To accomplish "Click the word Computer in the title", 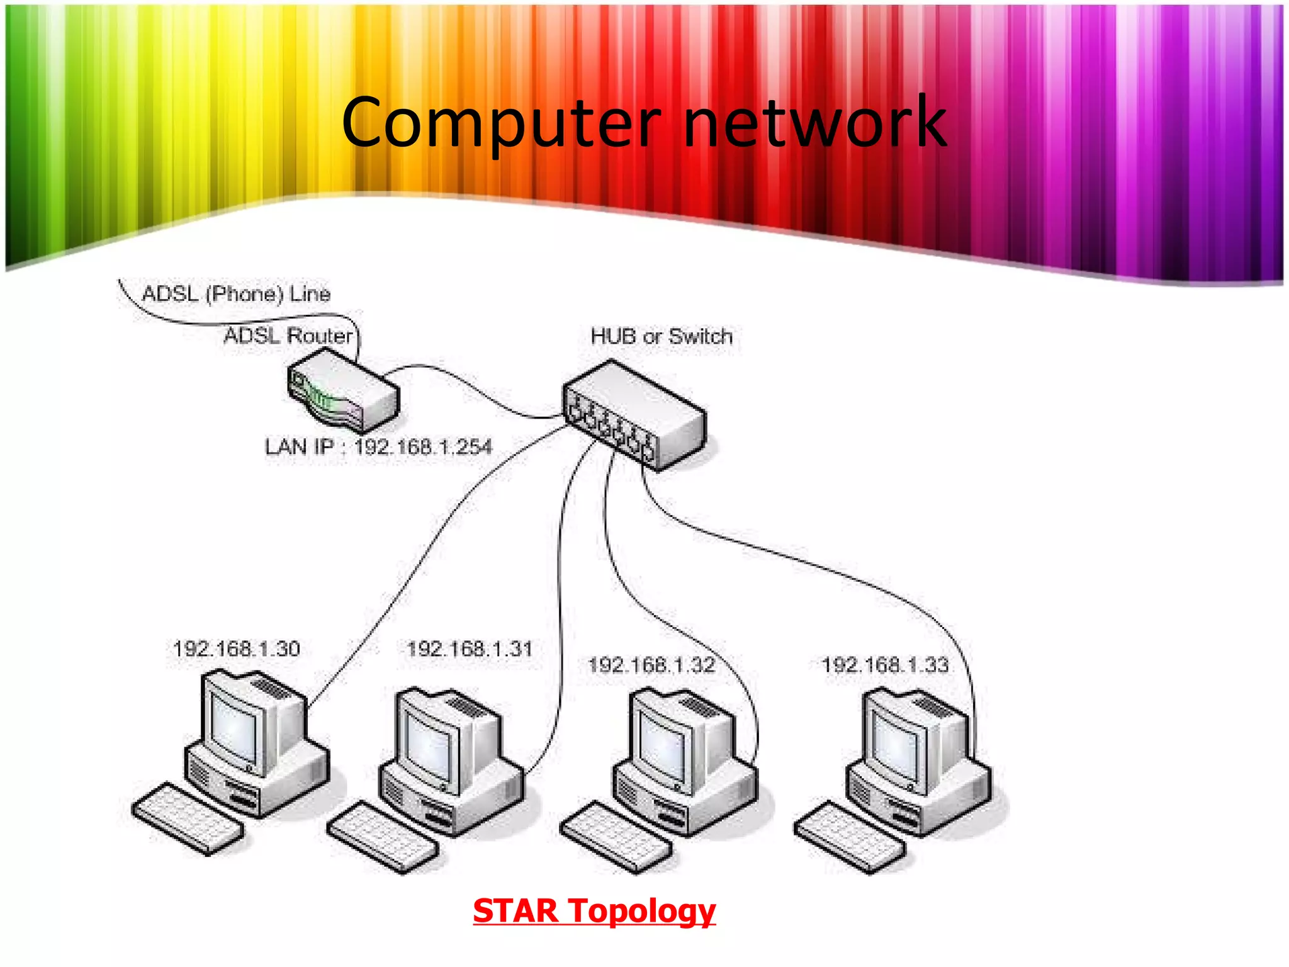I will pos(500,123).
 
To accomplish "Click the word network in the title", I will pos(814,123).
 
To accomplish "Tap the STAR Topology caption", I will pos(594,910).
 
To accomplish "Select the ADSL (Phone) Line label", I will pos(236,293).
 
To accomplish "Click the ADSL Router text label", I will pos(288,336).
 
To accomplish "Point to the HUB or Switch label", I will pos(661,336).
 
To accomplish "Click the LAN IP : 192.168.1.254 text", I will pos(378,447).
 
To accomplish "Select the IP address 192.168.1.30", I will pos(237,648).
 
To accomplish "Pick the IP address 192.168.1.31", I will pos(470,648).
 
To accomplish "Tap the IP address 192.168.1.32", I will pos(651,665).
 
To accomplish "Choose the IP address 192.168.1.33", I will pos(885,665).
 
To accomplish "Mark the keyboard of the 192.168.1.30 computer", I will pos(188,818).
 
